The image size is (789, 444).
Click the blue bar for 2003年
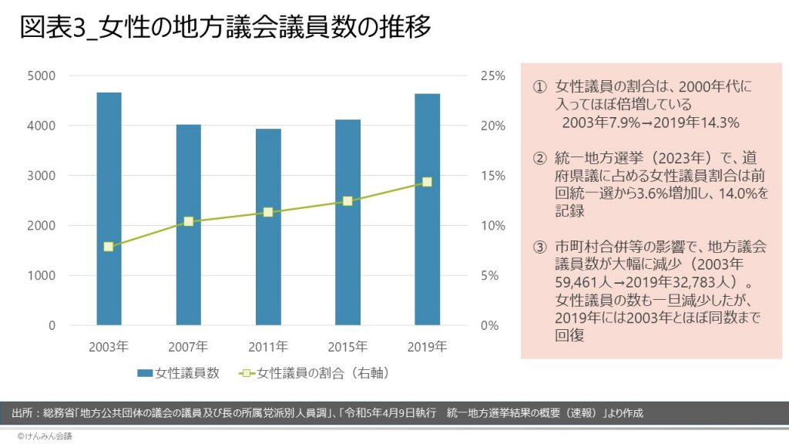pos(109,208)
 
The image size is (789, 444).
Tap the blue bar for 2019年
pos(427,209)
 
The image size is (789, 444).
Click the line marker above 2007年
pos(188,221)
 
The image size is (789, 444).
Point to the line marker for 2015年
pos(347,201)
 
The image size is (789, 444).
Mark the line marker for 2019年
pos(427,182)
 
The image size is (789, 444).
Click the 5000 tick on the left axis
pos(42,76)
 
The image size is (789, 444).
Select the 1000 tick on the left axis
pos(42,275)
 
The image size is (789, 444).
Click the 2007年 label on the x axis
pos(188,346)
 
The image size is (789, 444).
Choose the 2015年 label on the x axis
pos(347,346)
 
